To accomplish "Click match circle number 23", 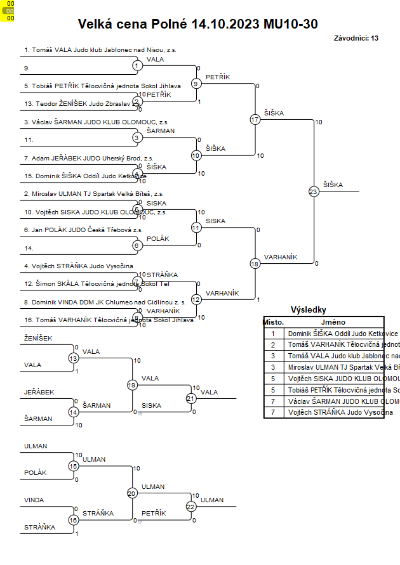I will click(x=313, y=191).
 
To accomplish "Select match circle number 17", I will click(x=255, y=119).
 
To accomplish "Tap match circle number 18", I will click(x=255, y=263).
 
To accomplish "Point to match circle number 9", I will click(x=196, y=83).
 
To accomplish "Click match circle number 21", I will click(x=190, y=398).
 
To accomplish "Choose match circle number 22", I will click(x=190, y=506).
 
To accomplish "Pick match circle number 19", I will click(x=132, y=384).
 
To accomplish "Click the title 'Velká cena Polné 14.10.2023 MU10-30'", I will click(x=197, y=24).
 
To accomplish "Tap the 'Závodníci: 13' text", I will click(x=356, y=38).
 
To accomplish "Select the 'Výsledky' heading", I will click(x=308, y=310).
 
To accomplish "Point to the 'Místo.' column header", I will click(x=274, y=322).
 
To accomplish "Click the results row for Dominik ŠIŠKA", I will click(x=333, y=333).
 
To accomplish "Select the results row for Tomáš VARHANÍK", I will click(x=333, y=344).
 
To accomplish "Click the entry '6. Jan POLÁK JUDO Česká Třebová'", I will click(x=83, y=230).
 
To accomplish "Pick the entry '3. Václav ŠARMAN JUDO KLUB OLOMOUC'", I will click(x=96, y=121).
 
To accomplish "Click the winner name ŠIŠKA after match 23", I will click(x=333, y=185).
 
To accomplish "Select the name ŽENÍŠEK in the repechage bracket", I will click(x=38, y=339).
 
